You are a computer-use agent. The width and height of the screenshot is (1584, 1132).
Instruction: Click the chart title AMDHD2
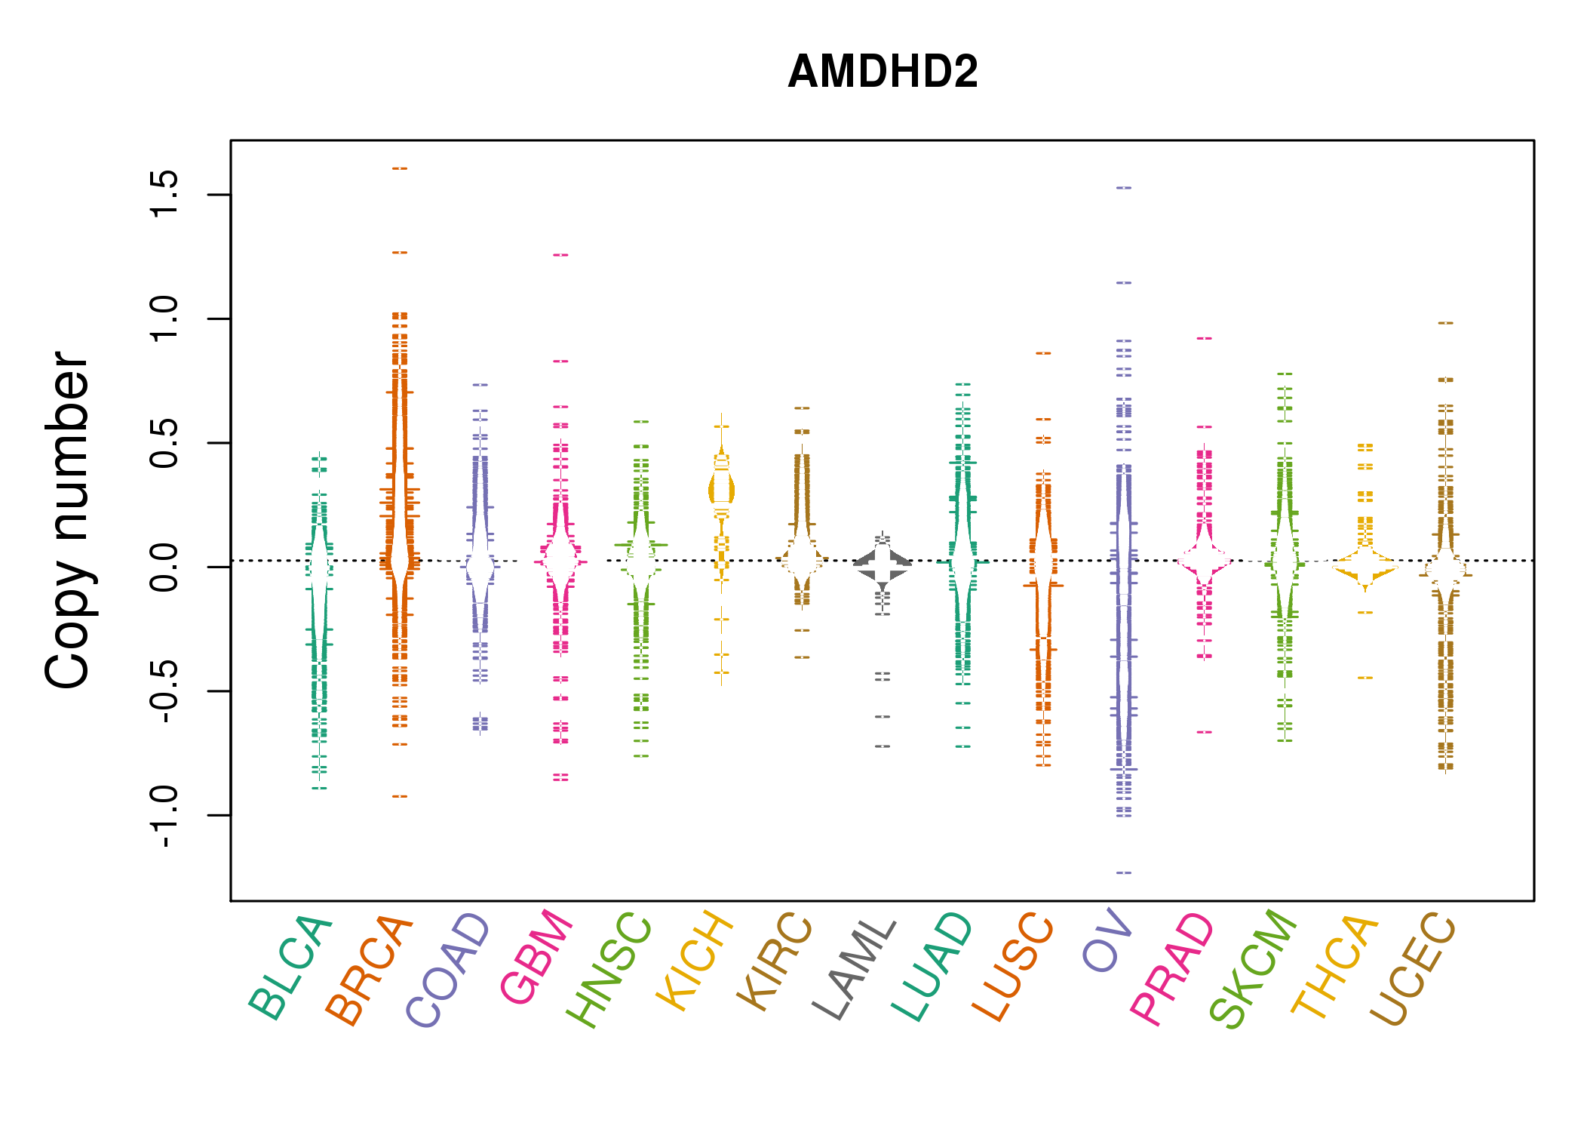(883, 72)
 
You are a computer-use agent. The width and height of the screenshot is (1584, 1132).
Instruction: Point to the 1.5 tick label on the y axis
(164, 194)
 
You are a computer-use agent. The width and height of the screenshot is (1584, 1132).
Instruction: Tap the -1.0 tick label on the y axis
(164, 816)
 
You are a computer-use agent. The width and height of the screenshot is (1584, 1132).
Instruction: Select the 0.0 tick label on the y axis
(164, 567)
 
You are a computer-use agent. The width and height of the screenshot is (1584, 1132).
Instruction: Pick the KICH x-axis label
(695, 961)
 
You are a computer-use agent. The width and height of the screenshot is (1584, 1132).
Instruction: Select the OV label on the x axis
(1107, 941)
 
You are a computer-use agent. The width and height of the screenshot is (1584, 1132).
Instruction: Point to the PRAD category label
(1172, 969)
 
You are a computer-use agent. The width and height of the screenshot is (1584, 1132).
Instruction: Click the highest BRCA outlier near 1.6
(400, 168)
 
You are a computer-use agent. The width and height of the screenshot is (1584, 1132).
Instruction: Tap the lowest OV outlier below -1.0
(1124, 872)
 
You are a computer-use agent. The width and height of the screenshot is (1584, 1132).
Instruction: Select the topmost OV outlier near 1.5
(1124, 187)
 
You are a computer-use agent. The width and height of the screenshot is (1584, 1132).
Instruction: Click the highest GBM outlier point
(560, 255)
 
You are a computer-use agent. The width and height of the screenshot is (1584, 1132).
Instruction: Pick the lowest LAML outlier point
(883, 746)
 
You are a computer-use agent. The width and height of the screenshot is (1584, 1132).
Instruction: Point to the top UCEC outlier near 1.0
(1445, 323)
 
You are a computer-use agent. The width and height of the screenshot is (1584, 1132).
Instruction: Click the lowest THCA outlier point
(1365, 678)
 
